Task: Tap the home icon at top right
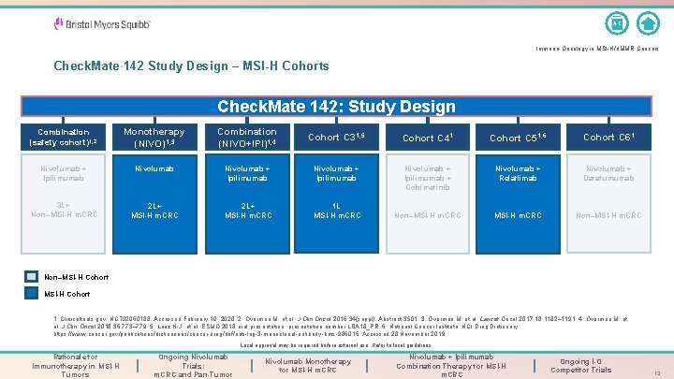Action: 647,22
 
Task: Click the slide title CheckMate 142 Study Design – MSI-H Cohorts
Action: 192,66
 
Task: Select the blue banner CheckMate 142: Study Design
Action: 336,107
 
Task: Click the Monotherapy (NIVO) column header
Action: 154,138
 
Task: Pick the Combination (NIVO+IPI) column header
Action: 246,138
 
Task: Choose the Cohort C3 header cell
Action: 337,138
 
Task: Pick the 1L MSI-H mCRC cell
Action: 337,211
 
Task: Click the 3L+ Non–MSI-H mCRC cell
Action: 63,211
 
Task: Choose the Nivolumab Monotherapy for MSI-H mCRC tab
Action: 308,365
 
